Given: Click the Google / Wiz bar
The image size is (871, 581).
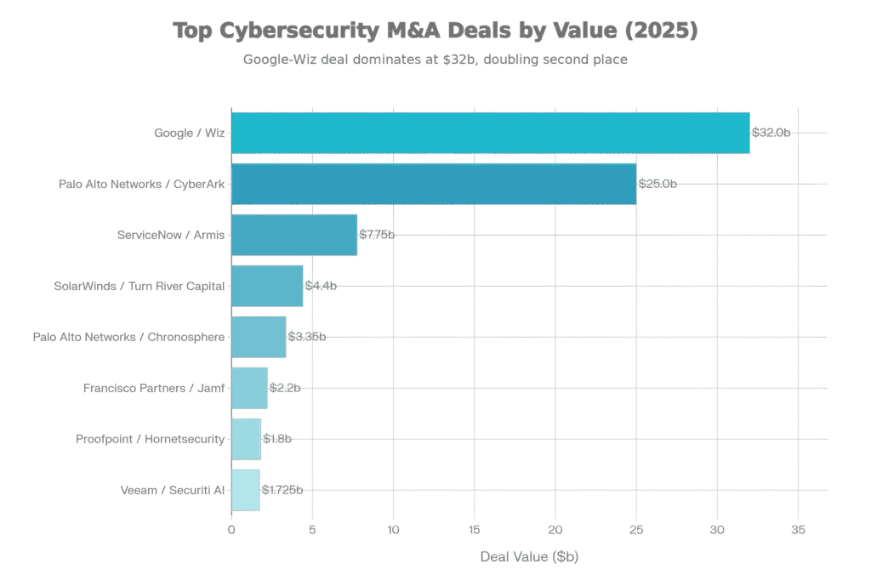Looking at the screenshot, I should (x=490, y=133).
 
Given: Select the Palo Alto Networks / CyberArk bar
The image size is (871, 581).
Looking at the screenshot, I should (x=434, y=184).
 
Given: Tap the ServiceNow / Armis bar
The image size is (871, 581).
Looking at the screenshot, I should (x=294, y=235).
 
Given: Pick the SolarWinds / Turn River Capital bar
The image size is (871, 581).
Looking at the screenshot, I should (x=267, y=286).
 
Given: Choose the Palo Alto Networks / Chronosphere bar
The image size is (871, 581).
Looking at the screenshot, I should (x=259, y=337).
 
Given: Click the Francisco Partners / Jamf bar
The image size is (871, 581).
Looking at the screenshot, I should (x=249, y=388).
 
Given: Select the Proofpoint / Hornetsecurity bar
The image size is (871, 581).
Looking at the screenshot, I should (x=246, y=439).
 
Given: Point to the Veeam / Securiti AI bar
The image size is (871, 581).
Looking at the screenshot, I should (x=245, y=490).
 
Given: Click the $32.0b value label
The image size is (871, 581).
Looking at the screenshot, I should (x=771, y=133).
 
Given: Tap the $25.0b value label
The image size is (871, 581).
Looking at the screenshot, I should (x=658, y=184).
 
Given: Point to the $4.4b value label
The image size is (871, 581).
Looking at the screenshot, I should (x=321, y=286).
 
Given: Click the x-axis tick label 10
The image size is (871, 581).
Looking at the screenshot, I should (x=393, y=530).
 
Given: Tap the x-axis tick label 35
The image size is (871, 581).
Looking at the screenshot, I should (x=798, y=530).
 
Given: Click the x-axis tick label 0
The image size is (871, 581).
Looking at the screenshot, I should (x=231, y=530).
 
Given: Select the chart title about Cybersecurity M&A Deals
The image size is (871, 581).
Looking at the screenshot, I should (x=435, y=31).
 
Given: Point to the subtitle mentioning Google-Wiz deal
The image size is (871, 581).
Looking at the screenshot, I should (x=435, y=60).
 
